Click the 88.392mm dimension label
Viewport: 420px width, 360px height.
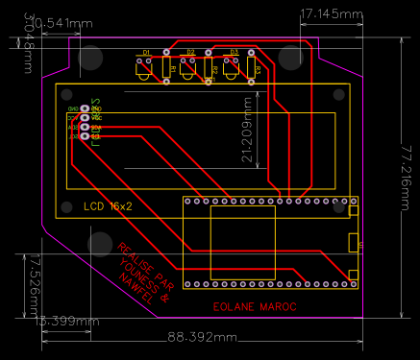click(201, 337)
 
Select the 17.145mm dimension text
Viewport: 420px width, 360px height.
click(332, 14)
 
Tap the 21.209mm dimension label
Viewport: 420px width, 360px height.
click(248, 129)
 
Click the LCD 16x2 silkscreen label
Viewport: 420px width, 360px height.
click(108, 206)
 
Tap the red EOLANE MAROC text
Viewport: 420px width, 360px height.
click(254, 307)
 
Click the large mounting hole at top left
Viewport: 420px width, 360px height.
click(91, 58)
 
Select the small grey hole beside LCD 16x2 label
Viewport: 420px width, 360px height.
click(67, 206)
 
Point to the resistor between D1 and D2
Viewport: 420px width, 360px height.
click(167, 68)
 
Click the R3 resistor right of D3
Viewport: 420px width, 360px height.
click(251, 68)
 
